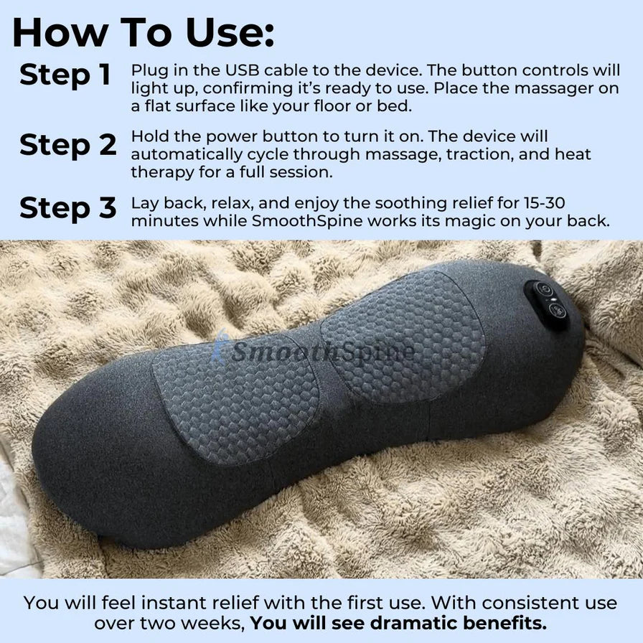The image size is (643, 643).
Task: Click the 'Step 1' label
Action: pos(65,75)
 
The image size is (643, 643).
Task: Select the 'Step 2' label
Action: pos(67,144)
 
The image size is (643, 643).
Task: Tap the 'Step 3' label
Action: pos(67,207)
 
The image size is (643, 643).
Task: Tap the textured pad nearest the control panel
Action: pos(403,335)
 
